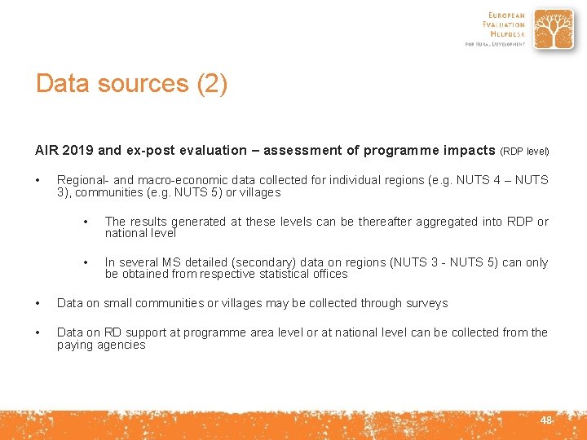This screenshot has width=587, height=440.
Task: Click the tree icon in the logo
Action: [554, 30]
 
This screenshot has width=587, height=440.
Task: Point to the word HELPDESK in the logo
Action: [505, 34]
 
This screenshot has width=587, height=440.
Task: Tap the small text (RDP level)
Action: [524, 151]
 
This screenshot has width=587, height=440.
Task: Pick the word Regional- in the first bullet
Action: [82, 180]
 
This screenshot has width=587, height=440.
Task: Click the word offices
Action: [329, 274]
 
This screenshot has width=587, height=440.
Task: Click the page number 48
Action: [545, 420]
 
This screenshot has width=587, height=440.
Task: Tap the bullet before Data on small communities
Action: [38, 303]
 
